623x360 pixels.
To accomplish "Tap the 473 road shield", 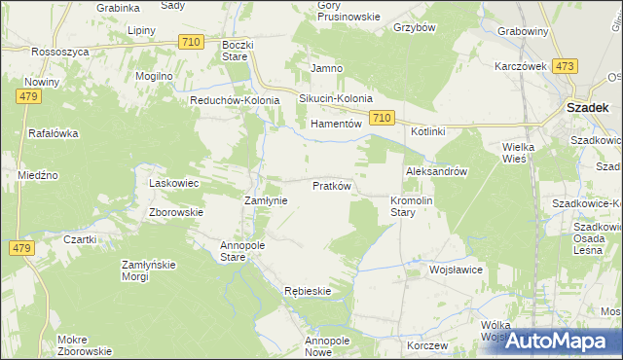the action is tap(565, 65).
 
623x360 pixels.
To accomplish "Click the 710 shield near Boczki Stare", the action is tap(192, 41).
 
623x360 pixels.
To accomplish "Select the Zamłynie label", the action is tap(264, 199).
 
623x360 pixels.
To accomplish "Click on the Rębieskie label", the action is tap(309, 291).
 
